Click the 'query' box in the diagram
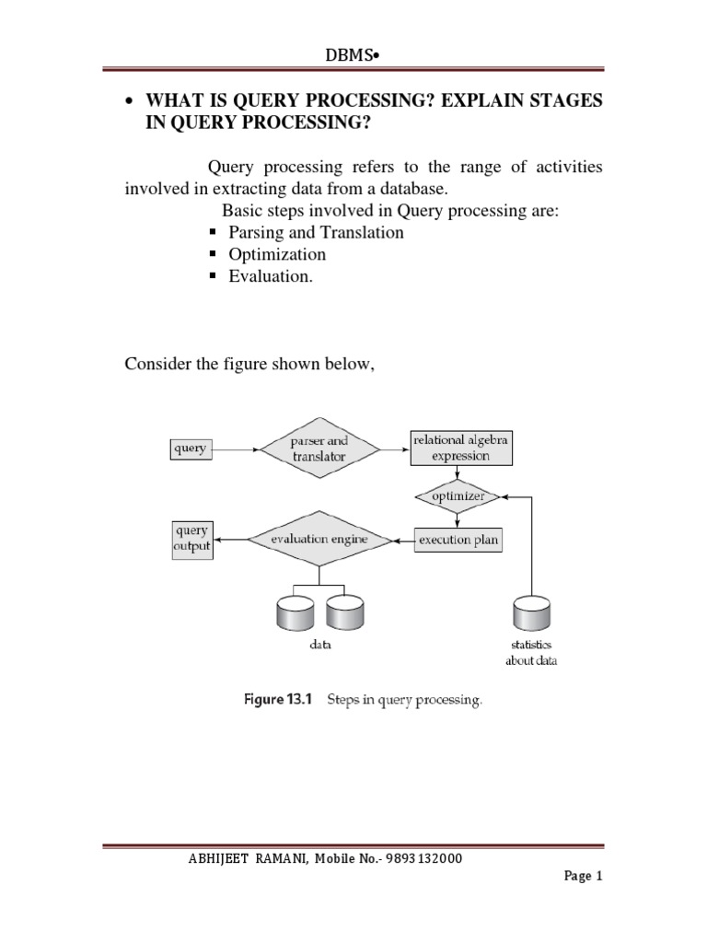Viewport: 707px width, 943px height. (x=190, y=449)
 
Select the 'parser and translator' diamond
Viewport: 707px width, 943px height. (x=319, y=449)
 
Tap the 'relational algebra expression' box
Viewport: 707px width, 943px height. (x=460, y=449)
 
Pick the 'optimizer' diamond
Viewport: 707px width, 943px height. (x=457, y=497)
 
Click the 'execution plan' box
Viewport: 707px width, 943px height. (x=458, y=540)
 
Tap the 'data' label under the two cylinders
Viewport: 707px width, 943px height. (x=319, y=646)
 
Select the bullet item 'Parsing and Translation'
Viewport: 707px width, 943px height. (x=316, y=233)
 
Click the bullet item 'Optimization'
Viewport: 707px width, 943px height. (x=277, y=254)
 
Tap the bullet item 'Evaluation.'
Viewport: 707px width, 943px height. (x=271, y=276)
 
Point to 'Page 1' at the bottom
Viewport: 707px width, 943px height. (x=583, y=877)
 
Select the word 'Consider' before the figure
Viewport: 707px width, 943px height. (x=156, y=367)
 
